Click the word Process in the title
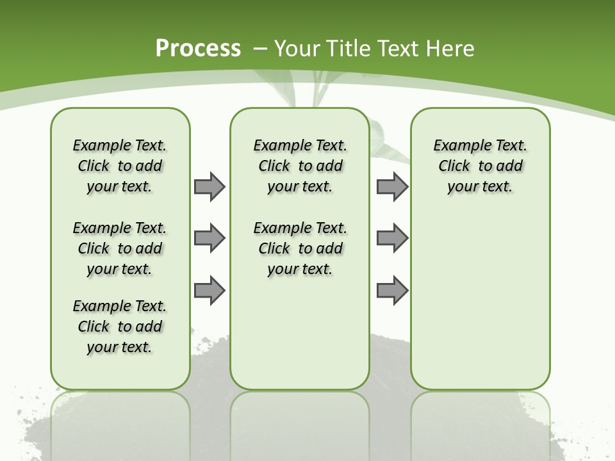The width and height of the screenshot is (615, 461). click(198, 49)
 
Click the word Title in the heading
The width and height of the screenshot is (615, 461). click(346, 49)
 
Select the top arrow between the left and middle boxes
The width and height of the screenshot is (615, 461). click(209, 186)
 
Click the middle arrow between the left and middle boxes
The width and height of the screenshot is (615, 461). click(209, 238)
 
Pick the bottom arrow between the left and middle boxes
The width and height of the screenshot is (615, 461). click(209, 291)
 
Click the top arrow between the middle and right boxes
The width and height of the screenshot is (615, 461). click(392, 186)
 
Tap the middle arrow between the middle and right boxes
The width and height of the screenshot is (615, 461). click(392, 238)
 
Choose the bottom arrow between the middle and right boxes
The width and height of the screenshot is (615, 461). click(392, 291)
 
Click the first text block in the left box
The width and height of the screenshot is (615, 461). click(120, 166)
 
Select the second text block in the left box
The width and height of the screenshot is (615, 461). click(120, 248)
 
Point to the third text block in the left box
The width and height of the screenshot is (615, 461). click(120, 327)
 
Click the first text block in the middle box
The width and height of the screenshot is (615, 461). click(300, 166)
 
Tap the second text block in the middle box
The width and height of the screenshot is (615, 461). click(300, 248)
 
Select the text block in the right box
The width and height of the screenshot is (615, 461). click(480, 166)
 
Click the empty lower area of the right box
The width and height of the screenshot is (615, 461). click(480, 301)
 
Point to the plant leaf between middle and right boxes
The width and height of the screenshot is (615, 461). click(385, 144)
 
